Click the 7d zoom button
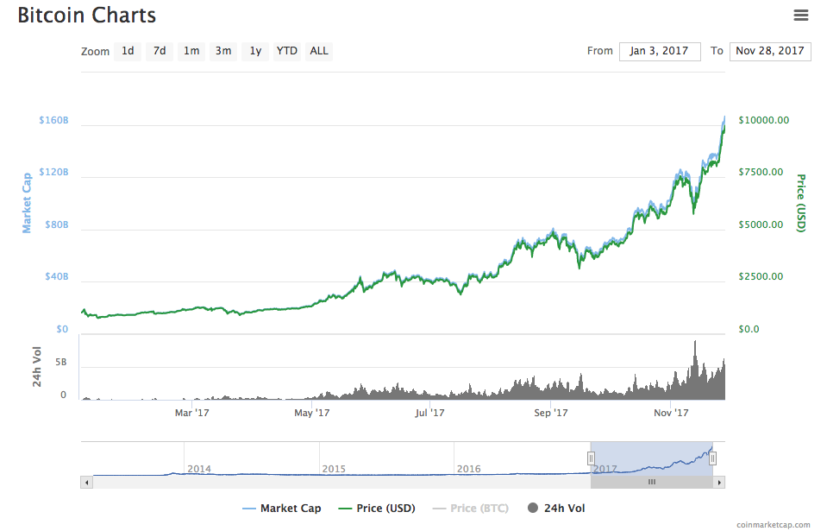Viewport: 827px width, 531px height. click(160, 51)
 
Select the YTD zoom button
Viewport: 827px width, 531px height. click(286, 51)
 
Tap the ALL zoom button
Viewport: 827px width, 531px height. click(319, 51)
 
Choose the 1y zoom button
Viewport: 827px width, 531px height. click(255, 51)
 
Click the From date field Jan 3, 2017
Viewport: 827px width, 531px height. click(659, 51)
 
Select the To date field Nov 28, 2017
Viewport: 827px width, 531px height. click(770, 51)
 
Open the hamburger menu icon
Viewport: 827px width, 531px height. click(801, 15)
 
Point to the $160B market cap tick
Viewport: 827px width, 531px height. click(53, 120)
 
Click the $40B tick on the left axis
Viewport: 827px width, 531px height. click(55, 277)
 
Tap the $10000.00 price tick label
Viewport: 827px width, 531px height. click(763, 120)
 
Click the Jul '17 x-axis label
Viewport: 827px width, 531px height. click(429, 413)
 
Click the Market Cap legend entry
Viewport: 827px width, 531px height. click(282, 509)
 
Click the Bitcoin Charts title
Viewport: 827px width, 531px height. click(86, 16)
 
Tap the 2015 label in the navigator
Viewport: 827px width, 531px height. click(334, 469)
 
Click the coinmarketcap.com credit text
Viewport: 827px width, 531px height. click(774, 524)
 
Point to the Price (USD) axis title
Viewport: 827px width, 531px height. click(800, 203)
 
